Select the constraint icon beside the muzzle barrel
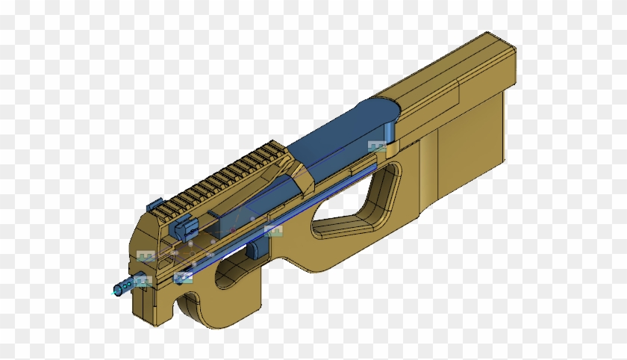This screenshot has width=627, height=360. [143, 281]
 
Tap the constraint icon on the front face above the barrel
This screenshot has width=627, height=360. [146, 257]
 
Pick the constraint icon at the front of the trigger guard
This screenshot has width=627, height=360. [183, 278]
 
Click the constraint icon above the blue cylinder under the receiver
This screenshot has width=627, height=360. [273, 230]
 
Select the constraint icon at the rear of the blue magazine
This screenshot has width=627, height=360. [377, 146]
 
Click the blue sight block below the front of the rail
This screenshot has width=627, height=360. [181, 223]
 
